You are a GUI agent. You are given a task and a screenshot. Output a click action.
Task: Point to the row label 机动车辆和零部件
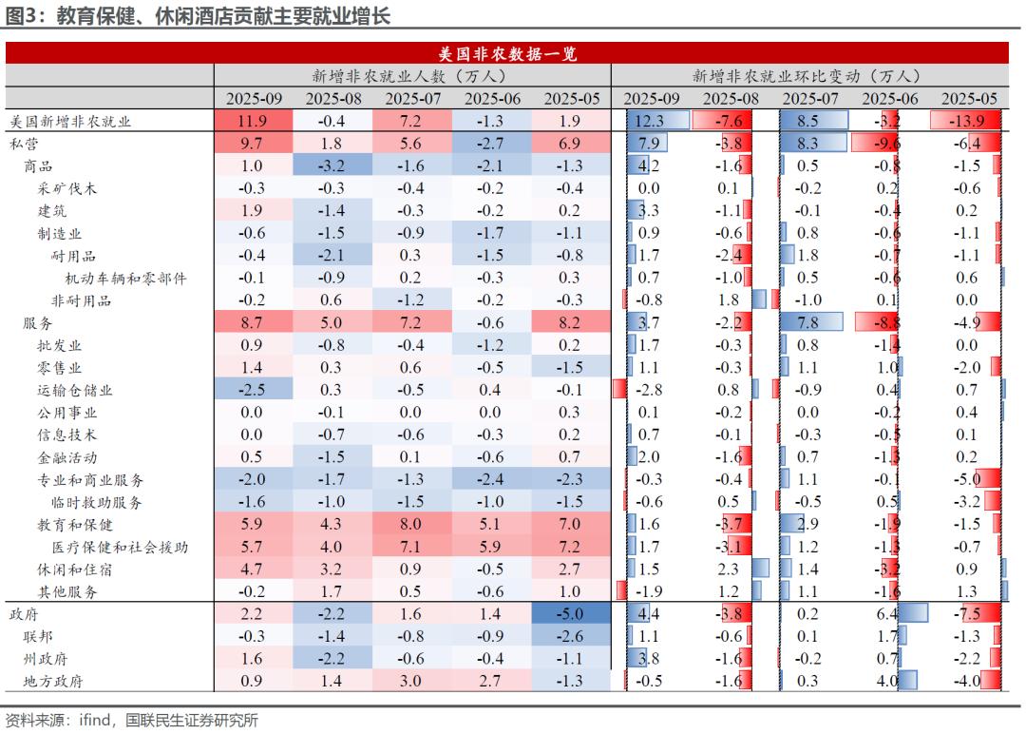tap(125, 278)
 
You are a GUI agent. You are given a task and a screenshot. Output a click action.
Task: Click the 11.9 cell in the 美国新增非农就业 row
tap(253, 121)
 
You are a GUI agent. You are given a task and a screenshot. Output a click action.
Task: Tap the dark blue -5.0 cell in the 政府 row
tap(571, 614)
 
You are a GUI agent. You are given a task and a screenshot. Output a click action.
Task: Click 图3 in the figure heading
tap(23, 16)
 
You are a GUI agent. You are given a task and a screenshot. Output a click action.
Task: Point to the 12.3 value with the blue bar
tap(651, 121)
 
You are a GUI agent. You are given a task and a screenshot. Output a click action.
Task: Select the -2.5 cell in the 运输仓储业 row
tap(253, 390)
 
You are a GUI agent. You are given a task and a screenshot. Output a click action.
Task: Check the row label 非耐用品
tap(81, 300)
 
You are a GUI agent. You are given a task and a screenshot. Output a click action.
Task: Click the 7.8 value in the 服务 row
tap(808, 323)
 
